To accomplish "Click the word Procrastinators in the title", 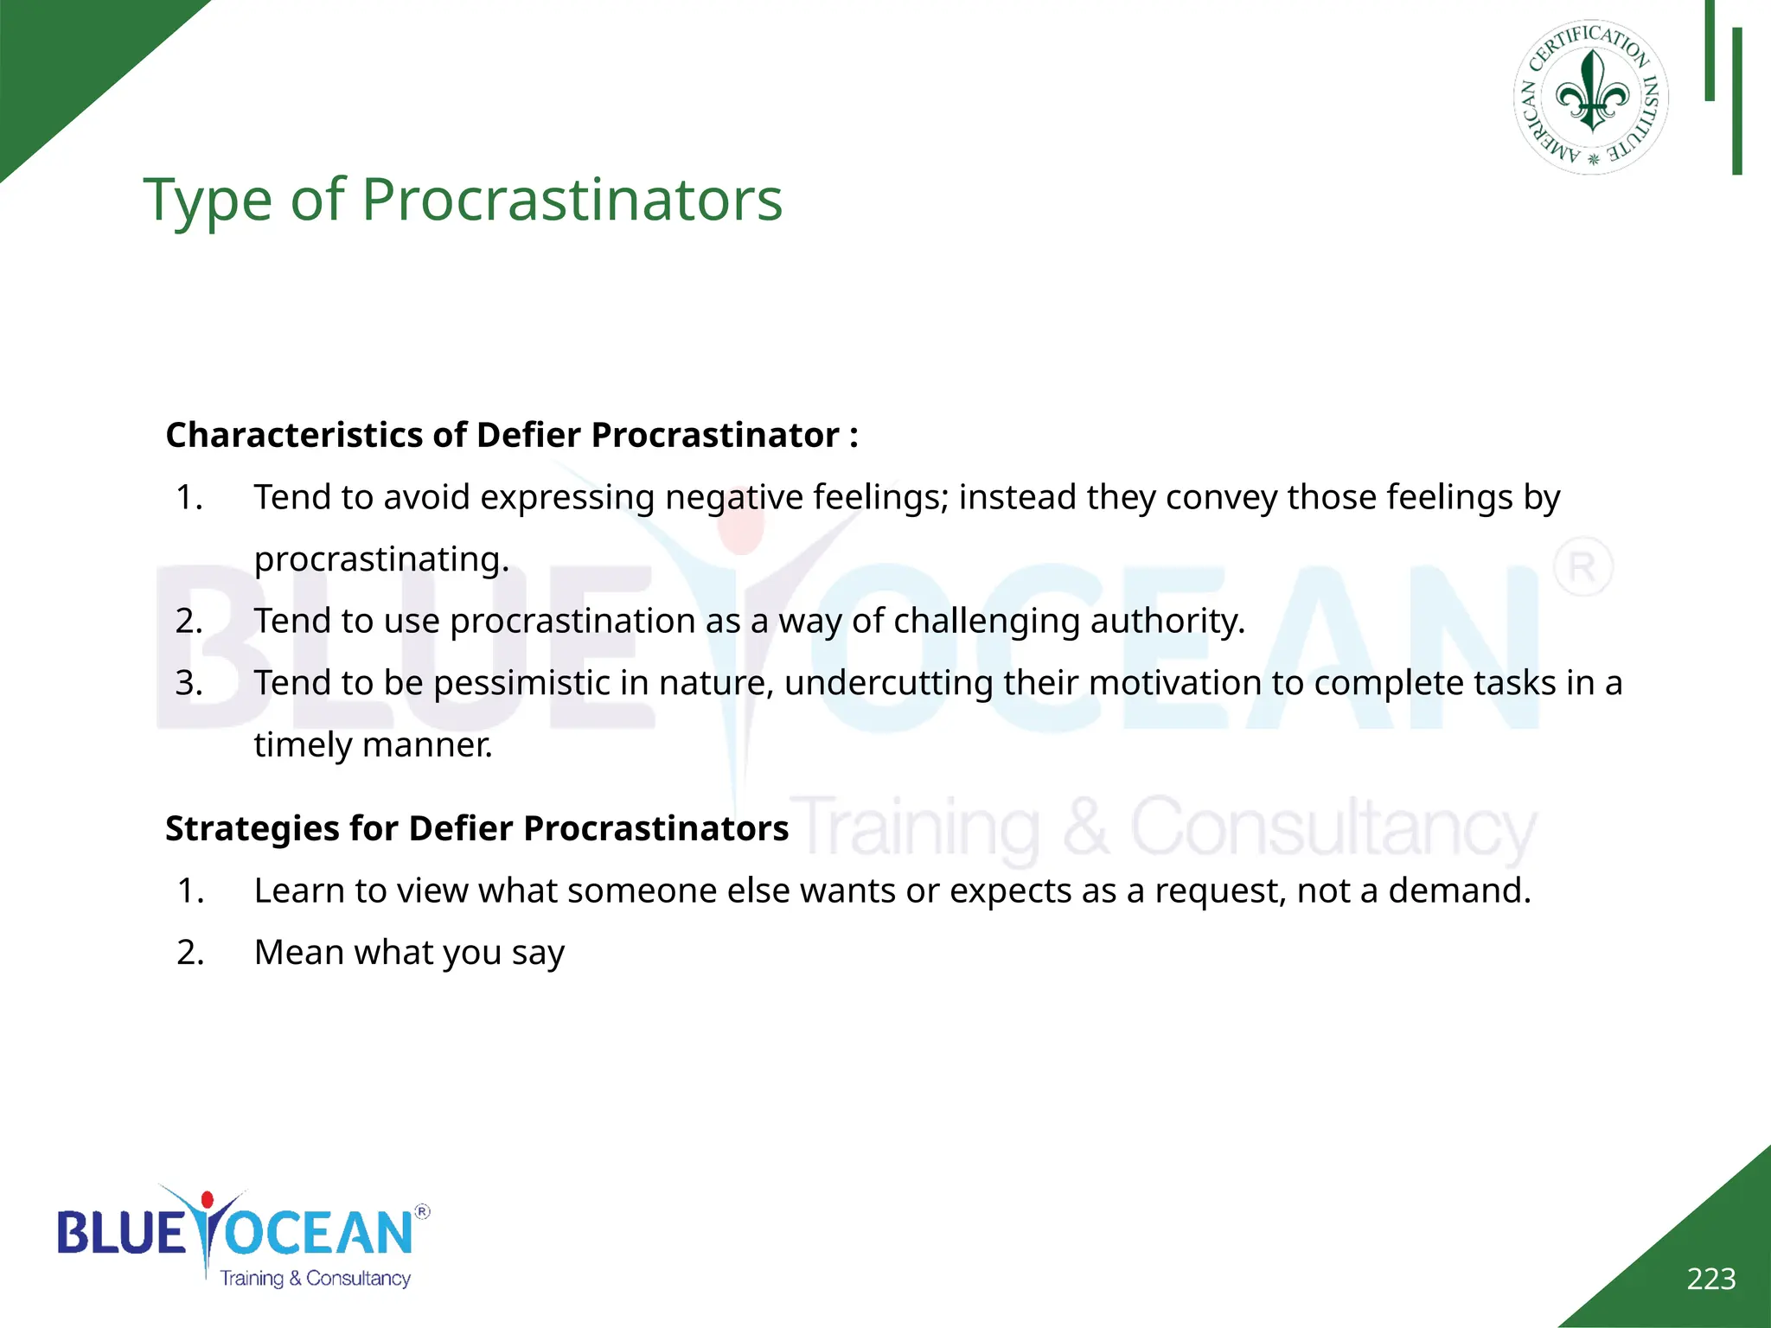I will [572, 200].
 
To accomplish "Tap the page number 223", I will [1710, 1279].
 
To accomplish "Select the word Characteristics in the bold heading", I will [294, 435].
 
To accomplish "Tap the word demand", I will [1459, 891].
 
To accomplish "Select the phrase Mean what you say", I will [409, 953].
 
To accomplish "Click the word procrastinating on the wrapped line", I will [380, 559].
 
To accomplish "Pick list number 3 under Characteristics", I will [189, 683].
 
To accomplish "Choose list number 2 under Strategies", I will [190, 953].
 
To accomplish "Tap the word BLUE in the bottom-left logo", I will [120, 1233].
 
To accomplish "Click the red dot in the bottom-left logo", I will [207, 1200].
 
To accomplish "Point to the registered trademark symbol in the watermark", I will [1582, 567].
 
